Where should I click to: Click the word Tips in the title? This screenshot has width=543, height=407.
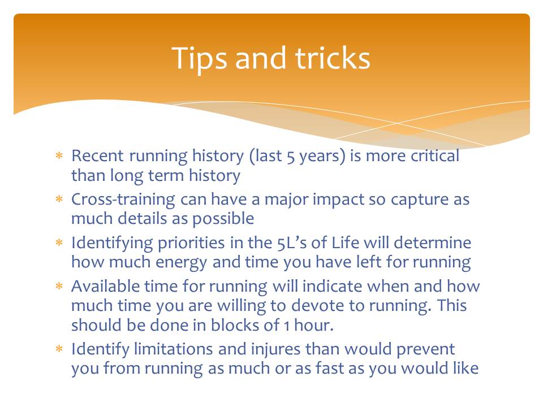pos(199,59)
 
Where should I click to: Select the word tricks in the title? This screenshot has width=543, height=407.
pos(333,58)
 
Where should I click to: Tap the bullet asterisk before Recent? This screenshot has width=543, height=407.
pos(59,155)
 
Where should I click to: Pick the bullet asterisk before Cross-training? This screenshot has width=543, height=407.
pos(59,199)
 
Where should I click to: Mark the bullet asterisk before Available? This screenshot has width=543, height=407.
pos(59,286)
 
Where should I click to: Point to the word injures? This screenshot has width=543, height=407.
pos(275,349)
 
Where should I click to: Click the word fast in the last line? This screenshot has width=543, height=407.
pos(330,368)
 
